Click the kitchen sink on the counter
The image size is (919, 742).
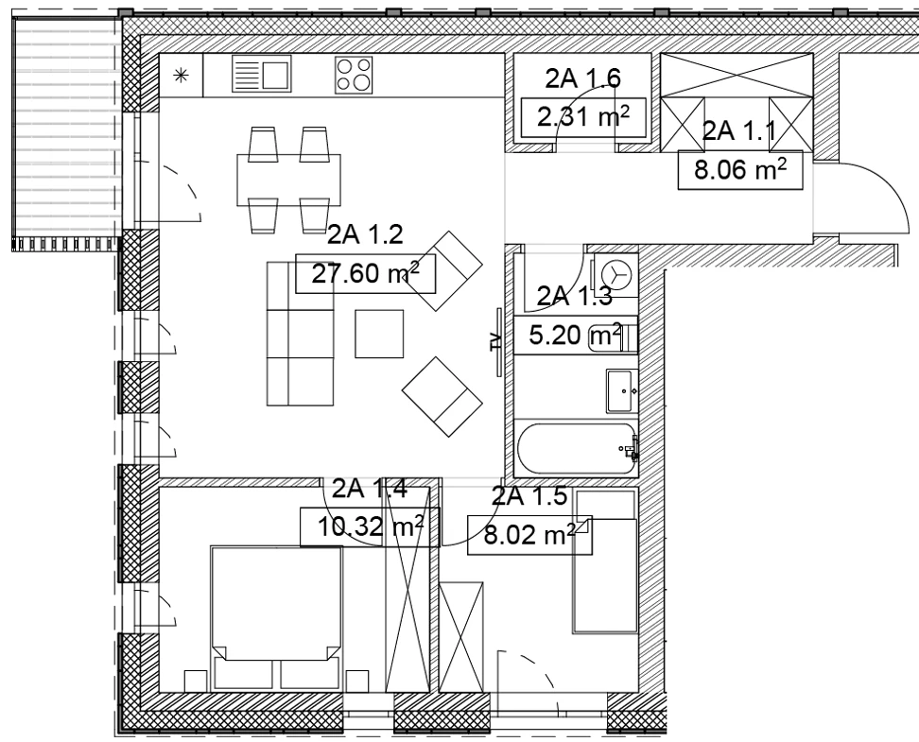(261, 74)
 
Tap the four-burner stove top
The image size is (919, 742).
(354, 75)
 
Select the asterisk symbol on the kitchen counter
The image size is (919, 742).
(182, 75)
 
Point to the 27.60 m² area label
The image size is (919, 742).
(365, 273)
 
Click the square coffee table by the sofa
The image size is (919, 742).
(379, 334)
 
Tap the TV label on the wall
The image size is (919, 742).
(495, 341)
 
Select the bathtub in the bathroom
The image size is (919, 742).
(576, 450)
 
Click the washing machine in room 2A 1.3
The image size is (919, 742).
(615, 275)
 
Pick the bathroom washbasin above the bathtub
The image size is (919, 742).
(622, 390)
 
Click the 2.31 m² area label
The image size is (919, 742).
(583, 118)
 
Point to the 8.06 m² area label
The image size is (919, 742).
(740, 170)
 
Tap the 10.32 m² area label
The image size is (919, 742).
(370, 526)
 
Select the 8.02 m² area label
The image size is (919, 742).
(529, 535)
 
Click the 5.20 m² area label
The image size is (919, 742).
(575, 336)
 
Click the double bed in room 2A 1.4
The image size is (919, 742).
(276, 618)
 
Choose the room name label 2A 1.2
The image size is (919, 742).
(365, 235)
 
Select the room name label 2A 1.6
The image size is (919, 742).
(583, 78)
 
